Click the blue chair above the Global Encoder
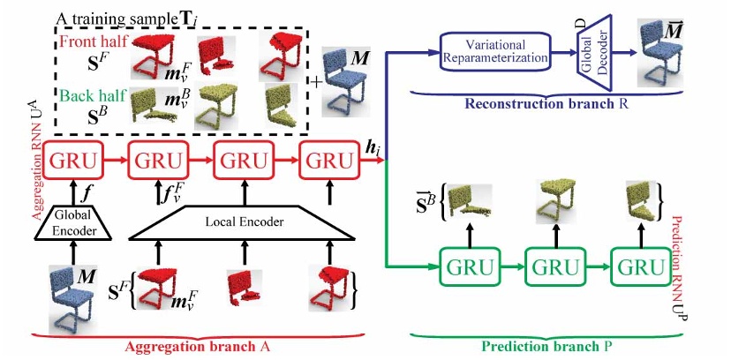click(x=71, y=295)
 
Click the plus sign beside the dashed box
click(x=315, y=81)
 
